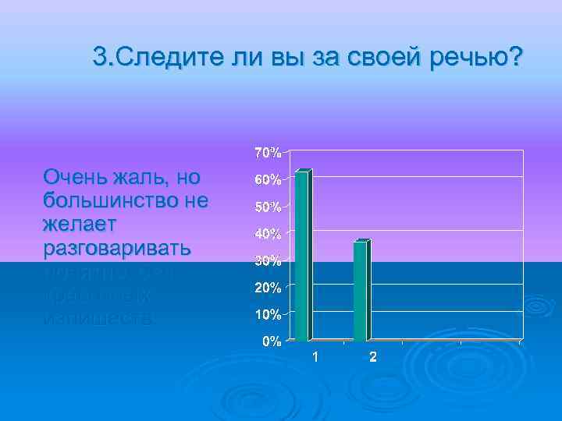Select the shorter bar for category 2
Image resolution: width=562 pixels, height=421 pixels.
360,291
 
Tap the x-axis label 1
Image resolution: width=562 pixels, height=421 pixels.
315,358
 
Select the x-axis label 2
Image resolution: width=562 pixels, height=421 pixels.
372,358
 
